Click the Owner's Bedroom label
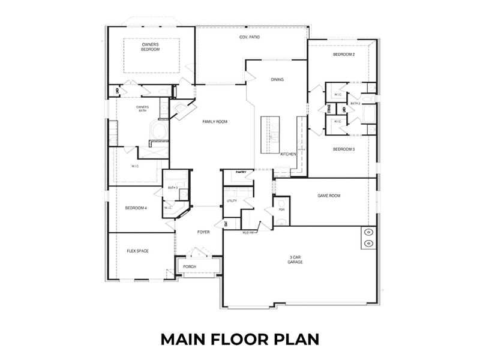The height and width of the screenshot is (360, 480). pos(151,47)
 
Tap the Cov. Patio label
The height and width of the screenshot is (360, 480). pos(250,37)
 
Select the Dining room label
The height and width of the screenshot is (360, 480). pos(277,79)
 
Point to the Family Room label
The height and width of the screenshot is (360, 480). pos(214,122)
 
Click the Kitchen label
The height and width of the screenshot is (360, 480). pos(289,154)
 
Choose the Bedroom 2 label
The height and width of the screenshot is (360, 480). pos(344,55)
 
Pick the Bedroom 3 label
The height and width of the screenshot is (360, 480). pos(344,149)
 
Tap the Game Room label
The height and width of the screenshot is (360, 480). pos(329,196)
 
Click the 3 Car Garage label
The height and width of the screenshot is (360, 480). pos(295,260)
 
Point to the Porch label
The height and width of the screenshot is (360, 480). pos(190,266)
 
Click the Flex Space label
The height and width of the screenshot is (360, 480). pos(137,251)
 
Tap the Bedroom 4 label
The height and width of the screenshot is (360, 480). pos(136,208)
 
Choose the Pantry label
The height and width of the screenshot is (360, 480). pos(241,172)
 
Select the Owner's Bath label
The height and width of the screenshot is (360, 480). pos(142,109)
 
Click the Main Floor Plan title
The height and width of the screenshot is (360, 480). pos(239,338)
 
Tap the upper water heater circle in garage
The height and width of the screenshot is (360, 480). pos(368,232)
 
